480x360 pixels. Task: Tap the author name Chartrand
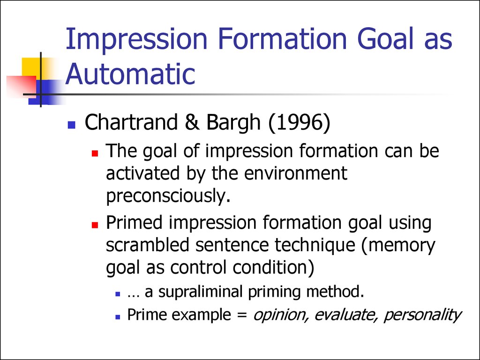[131, 122]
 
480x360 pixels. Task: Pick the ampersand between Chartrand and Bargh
[192, 122]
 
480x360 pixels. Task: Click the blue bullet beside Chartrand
[72, 124]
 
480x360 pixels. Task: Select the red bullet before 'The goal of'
[95, 153]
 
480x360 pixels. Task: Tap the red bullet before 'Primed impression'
[95, 225]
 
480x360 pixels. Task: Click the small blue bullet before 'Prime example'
[118, 317]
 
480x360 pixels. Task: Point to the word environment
[295, 173]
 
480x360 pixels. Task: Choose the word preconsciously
[168, 195]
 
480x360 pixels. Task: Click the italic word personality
[422, 315]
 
